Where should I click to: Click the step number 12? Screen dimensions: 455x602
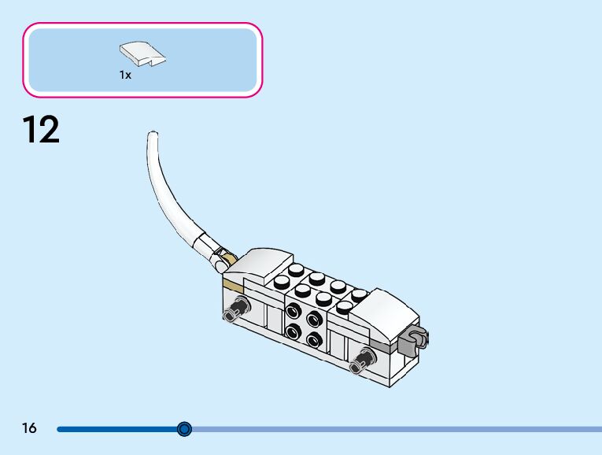coord(40,129)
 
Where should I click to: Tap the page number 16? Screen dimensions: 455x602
coord(29,428)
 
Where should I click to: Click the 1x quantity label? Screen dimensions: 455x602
coord(125,75)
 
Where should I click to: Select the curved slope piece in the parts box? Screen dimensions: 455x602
coord(142,54)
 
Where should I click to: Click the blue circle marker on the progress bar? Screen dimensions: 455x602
coord(184,429)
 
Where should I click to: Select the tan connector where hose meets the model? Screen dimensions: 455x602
coord(227,258)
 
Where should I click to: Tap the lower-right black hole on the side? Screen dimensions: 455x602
coord(314,341)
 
